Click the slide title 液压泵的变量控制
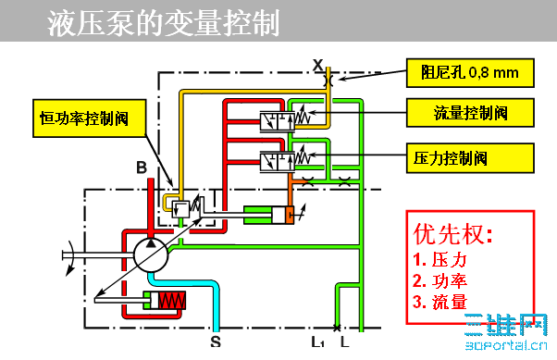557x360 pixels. pyautogui.click(x=163, y=23)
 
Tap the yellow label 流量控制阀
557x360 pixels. pyautogui.click(x=469, y=114)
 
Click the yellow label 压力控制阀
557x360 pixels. pyautogui.click(x=469, y=156)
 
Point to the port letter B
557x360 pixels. pyautogui.click(x=141, y=167)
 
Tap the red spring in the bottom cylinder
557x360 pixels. pyautogui.click(x=171, y=301)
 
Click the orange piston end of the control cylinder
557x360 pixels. pyautogui.click(x=291, y=216)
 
